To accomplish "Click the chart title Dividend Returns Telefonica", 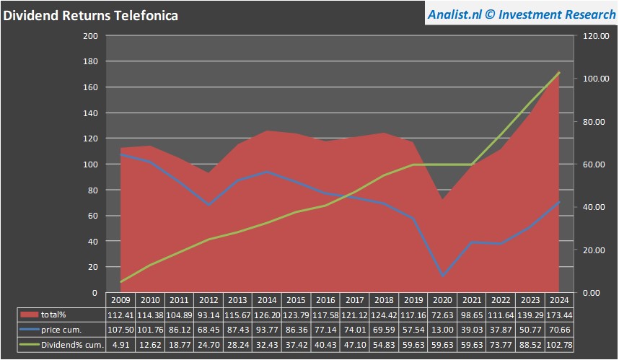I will (x=92, y=14).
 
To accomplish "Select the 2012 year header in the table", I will (x=208, y=300).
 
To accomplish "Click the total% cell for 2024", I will (x=558, y=315).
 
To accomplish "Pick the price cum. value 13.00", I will (x=442, y=330).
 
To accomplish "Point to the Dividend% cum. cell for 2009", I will (x=121, y=345).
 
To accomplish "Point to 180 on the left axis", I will (x=91, y=61).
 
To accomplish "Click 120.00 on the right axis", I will (x=591, y=35).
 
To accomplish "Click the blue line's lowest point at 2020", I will (x=442, y=276).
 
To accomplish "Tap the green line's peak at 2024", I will (x=558, y=72).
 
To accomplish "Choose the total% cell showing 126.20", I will (x=267, y=315).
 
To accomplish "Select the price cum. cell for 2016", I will (x=325, y=330).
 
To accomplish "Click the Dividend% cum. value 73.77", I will (x=499, y=345).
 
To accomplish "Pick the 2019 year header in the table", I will (x=412, y=300).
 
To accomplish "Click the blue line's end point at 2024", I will (x=558, y=201).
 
